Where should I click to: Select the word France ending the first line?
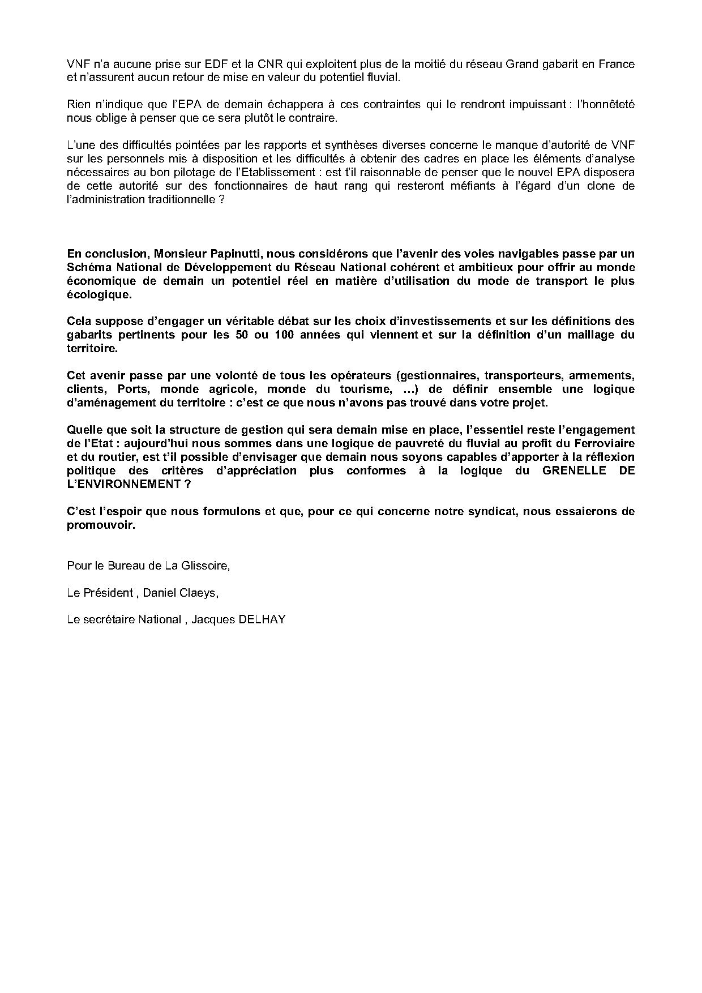coord(618,64)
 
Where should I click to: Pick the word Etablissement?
coord(275,172)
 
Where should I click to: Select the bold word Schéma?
coord(85,267)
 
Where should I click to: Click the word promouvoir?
coord(101,525)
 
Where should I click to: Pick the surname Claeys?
coord(200,592)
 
